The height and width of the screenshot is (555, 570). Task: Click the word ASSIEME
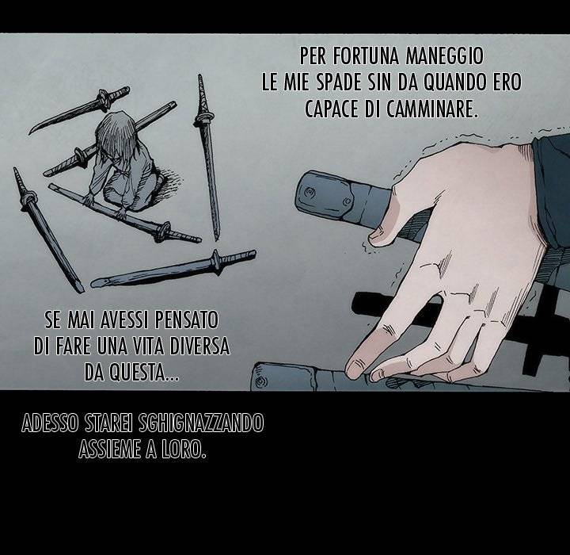(110, 450)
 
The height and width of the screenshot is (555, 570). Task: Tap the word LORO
(182, 450)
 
